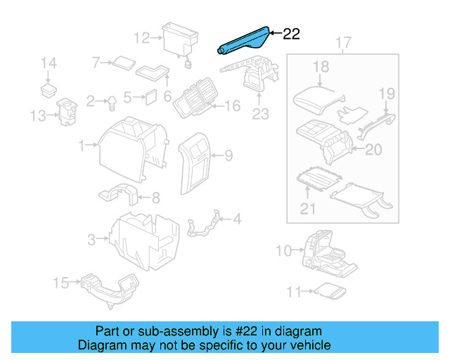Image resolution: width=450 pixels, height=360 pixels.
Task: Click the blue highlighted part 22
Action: coord(243,41)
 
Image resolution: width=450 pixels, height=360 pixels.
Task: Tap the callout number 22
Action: coord(291,34)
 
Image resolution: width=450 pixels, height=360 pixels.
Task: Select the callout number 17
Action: coord(342,44)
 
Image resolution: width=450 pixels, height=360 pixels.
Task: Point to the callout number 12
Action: coord(141,37)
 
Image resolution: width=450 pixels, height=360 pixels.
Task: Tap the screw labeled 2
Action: coord(111,103)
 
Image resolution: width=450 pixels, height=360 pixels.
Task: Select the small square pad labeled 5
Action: coord(150,97)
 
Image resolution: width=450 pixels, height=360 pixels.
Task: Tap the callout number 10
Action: coord(282,250)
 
